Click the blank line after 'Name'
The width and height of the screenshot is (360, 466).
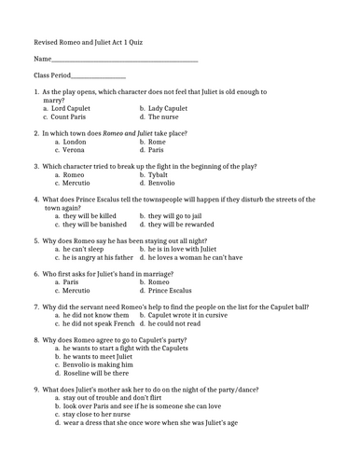(x=123, y=61)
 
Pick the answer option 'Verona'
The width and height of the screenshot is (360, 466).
(x=68, y=149)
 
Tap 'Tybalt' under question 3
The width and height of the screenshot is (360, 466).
(x=163, y=174)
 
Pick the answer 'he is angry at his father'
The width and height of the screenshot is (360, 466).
(x=99, y=257)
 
